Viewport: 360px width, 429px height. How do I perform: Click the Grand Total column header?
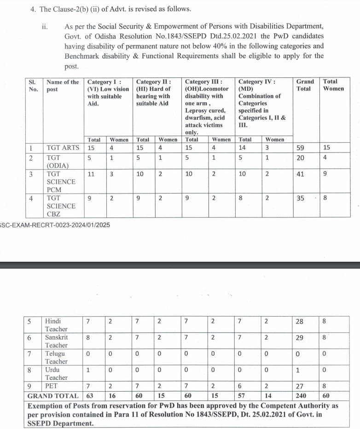pos(305,85)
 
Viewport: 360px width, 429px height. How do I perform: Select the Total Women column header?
pos(333,85)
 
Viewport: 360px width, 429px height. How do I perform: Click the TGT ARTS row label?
pos(63,148)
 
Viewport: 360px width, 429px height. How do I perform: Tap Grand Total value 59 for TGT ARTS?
pos(300,148)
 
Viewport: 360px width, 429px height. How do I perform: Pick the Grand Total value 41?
pos(300,174)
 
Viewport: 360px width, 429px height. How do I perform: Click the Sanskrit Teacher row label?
pos(57,341)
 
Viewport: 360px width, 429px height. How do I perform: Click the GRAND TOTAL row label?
pos(53,396)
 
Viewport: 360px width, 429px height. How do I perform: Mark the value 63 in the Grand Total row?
pos(90,396)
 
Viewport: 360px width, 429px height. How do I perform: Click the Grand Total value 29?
pos(300,338)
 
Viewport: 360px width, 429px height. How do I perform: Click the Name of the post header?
pos(63,85)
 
